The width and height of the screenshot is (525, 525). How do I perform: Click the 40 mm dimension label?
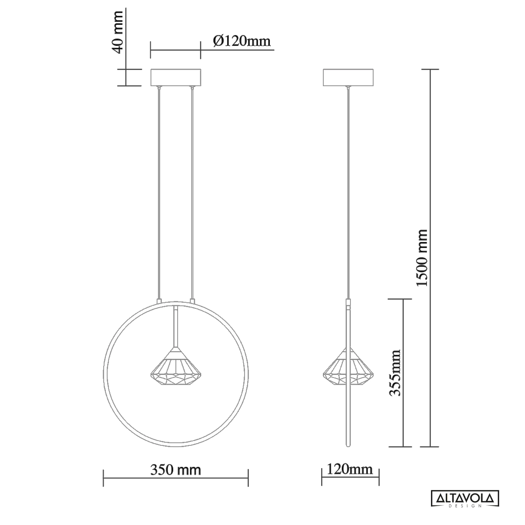(118, 32)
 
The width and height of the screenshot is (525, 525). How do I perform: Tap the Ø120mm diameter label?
(242, 41)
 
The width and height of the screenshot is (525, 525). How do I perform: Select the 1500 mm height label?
(422, 258)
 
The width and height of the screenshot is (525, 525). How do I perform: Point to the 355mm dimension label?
(395, 373)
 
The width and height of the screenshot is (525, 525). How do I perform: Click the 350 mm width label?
(176, 470)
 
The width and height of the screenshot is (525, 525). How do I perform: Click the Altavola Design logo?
(465, 499)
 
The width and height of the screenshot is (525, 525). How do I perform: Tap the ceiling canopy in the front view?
(176, 77)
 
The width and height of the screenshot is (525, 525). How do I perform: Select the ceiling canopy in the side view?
(348, 77)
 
